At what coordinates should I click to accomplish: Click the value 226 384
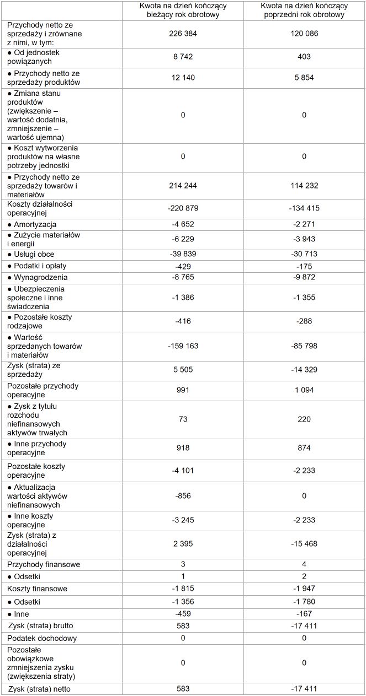click(x=183, y=34)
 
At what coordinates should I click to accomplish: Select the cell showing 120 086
click(x=304, y=34)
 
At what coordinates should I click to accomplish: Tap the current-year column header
click(x=183, y=10)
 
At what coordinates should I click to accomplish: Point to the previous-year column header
click(x=304, y=10)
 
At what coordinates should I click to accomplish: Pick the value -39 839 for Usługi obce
click(x=183, y=254)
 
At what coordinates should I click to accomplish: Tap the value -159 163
click(x=183, y=346)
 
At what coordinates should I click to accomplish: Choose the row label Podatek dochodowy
click(x=42, y=638)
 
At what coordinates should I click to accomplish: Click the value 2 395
click(x=183, y=544)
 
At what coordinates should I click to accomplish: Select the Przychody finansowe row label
click(x=44, y=564)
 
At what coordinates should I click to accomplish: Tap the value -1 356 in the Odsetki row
click(x=183, y=601)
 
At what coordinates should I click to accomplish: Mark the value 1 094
click(x=304, y=390)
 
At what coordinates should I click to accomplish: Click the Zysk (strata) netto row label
click(x=40, y=689)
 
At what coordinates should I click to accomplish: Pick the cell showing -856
click(x=183, y=496)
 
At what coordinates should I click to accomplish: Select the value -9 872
click(x=304, y=277)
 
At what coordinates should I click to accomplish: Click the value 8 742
click(x=183, y=57)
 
